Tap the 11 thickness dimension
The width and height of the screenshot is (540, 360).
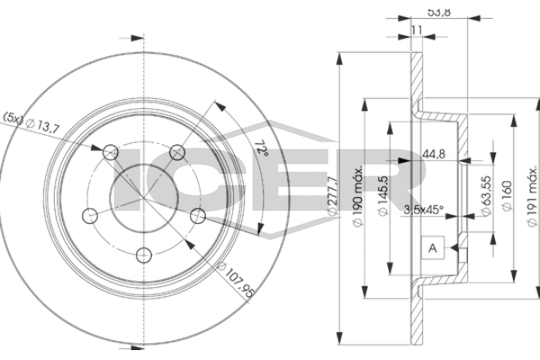click(x=415, y=31)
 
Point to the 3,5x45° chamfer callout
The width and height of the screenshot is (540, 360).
click(x=424, y=210)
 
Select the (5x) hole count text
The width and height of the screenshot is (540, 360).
click(x=15, y=117)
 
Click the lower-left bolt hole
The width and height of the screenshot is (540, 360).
click(x=90, y=214)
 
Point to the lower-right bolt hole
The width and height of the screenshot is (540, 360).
click(x=197, y=214)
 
